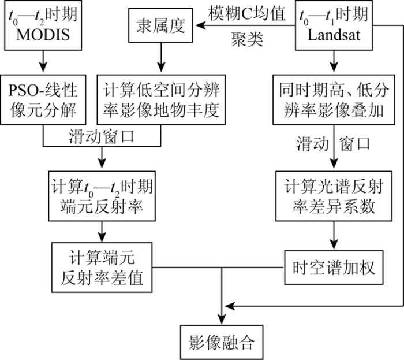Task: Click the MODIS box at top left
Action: click(43, 25)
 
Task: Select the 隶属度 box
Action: click(161, 25)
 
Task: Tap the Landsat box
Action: click(334, 25)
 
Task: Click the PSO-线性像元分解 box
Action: click(43, 100)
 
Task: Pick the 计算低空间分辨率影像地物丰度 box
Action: click(161, 100)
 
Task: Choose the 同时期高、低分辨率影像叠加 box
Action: click(334, 100)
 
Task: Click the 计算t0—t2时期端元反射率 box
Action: click(102, 196)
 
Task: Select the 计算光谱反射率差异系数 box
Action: click(334, 196)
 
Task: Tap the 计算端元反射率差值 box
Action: click(102, 268)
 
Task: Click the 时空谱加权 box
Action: click(334, 268)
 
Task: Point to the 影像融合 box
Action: click(222, 342)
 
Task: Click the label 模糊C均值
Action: click(247, 13)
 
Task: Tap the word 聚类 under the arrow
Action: click(247, 39)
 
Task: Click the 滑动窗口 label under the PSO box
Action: click(101, 137)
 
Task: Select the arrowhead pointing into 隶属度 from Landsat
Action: click(200, 25)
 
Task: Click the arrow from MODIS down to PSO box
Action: click(43, 61)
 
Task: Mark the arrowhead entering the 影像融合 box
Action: click(222, 319)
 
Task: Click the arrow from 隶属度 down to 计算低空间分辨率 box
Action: click(161, 57)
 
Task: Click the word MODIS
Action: click(43, 35)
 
